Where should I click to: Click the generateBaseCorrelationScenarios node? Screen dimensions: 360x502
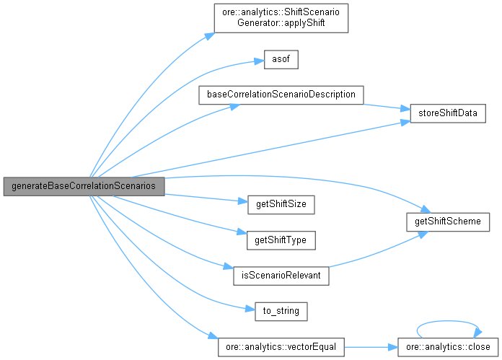(x=84, y=185)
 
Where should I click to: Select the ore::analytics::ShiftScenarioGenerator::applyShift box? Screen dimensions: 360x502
(x=282, y=18)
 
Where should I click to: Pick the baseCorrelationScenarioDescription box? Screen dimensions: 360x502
(x=281, y=95)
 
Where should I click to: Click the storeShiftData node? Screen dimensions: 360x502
(x=448, y=113)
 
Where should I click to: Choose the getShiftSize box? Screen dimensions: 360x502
(x=281, y=204)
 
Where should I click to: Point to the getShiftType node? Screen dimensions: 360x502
(x=281, y=239)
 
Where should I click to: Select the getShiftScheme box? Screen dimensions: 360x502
(x=448, y=221)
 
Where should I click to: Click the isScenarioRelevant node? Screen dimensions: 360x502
(x=281, y=275)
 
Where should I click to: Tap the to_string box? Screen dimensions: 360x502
(x=282, y=311)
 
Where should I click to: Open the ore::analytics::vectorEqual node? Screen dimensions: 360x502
(x=281, y=347)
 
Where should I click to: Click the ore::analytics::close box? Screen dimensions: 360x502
(x=447, y=347)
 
